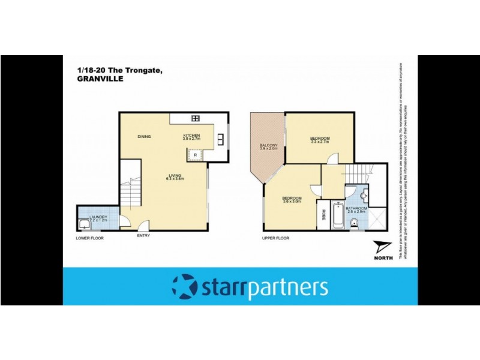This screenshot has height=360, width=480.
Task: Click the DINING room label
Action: click(x=144, y=137)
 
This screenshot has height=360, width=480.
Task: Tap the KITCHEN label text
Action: click(x=191, y=136)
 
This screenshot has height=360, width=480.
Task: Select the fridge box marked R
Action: click(x=195, y=155)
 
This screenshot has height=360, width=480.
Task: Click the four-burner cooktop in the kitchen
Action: click(x=195, y=118)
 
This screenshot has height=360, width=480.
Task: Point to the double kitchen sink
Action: click(x=221, y=139)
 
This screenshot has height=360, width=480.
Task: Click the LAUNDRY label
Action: click(x=98, y=217)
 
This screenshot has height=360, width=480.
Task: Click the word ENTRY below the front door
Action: click(x=143, y=235)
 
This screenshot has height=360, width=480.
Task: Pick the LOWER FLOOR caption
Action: click(x=90, y=238)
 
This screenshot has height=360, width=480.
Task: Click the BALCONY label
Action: click(x=268, y=146)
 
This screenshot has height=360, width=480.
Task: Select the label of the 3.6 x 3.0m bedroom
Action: click(x=292, y=198)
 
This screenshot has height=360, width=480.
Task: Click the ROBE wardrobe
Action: click(x=324, y=215)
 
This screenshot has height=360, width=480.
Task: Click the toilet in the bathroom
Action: click(x=355, y=223)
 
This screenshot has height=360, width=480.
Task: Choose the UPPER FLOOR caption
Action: click(x=275, y=238)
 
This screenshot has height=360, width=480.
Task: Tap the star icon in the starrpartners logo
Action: click(x=183, y=286)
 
